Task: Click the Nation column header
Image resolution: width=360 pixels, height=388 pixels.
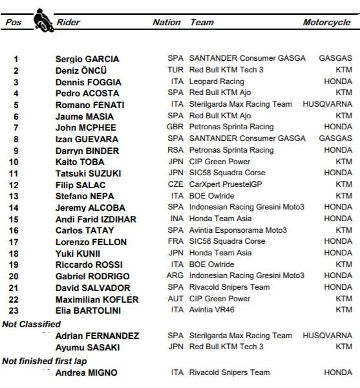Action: [x=166, y=23]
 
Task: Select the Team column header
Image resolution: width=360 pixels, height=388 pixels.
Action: [x=202, y=23]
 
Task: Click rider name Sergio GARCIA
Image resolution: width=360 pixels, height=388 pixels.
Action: [x=87, y=59]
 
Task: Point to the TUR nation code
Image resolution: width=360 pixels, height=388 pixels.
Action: [x=176, y=70]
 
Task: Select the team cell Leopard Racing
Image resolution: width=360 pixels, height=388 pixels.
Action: [x=217, y=82]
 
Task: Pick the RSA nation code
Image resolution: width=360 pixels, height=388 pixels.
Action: [x=176, y=150]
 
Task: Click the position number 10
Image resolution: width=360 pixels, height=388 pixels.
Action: [x=15, y=162]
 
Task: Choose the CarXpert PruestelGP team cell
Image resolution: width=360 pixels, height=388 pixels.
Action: [x=224, y=184]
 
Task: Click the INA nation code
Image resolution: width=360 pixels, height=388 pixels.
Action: [x=176, y=219]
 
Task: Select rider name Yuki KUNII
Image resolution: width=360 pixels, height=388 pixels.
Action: [x=78, y=253]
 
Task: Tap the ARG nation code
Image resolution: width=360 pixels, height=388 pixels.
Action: [x=176, y=275]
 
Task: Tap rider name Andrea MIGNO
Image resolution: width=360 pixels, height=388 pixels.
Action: [x=82, y=373]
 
